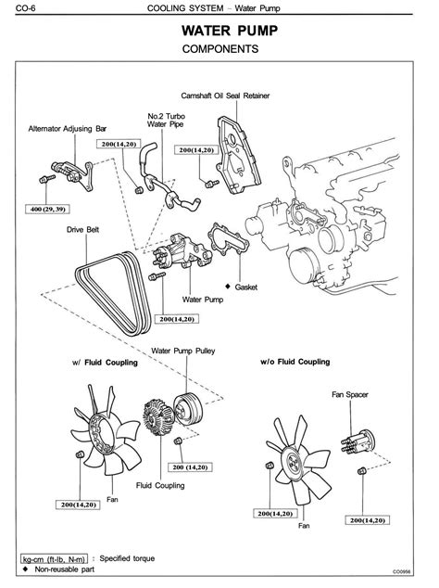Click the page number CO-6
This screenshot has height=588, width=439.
[26, 7]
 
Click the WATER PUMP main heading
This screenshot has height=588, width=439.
[230, 31]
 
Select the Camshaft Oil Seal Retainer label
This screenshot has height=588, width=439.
[225, 96]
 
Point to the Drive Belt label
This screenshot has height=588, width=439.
[82, 229]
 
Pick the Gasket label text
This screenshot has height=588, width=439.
[246, 288]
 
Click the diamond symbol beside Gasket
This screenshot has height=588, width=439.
[228, 287]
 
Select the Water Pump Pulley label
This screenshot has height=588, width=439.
[183, 351]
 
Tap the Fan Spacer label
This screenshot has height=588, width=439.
[350, 394]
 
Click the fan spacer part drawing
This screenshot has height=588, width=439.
[358, 441]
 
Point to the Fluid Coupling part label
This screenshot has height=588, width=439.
[160, 486]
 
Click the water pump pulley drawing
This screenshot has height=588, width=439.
[188, 409]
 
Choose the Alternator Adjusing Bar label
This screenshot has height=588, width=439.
[68, 129]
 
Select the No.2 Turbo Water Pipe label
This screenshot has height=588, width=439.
[166, 121]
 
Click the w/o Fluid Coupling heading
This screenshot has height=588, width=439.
[295, 362]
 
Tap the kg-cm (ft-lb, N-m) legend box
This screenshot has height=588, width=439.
[54, 559]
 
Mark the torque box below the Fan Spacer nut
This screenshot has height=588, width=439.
[367, 520]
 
